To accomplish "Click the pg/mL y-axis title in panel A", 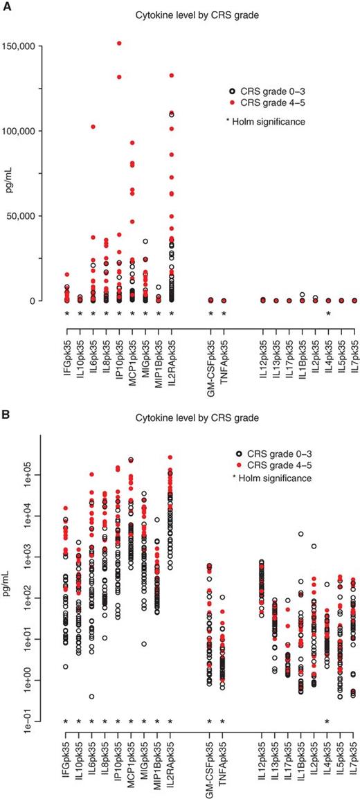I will point(10,173).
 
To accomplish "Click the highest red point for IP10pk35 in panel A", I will point(119,43).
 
